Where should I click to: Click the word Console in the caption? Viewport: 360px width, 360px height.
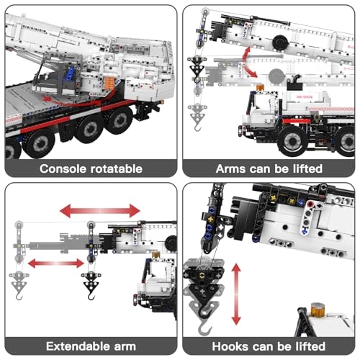point(63,168)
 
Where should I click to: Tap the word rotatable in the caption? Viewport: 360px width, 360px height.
point(117,168)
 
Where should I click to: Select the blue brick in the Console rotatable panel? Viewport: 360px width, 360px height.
point(71,74)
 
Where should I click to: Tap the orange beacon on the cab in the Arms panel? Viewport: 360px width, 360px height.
point(260,88)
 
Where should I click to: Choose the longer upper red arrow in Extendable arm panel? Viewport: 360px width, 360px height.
point(100,210)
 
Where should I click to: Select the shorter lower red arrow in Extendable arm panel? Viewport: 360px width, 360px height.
point(56,264)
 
